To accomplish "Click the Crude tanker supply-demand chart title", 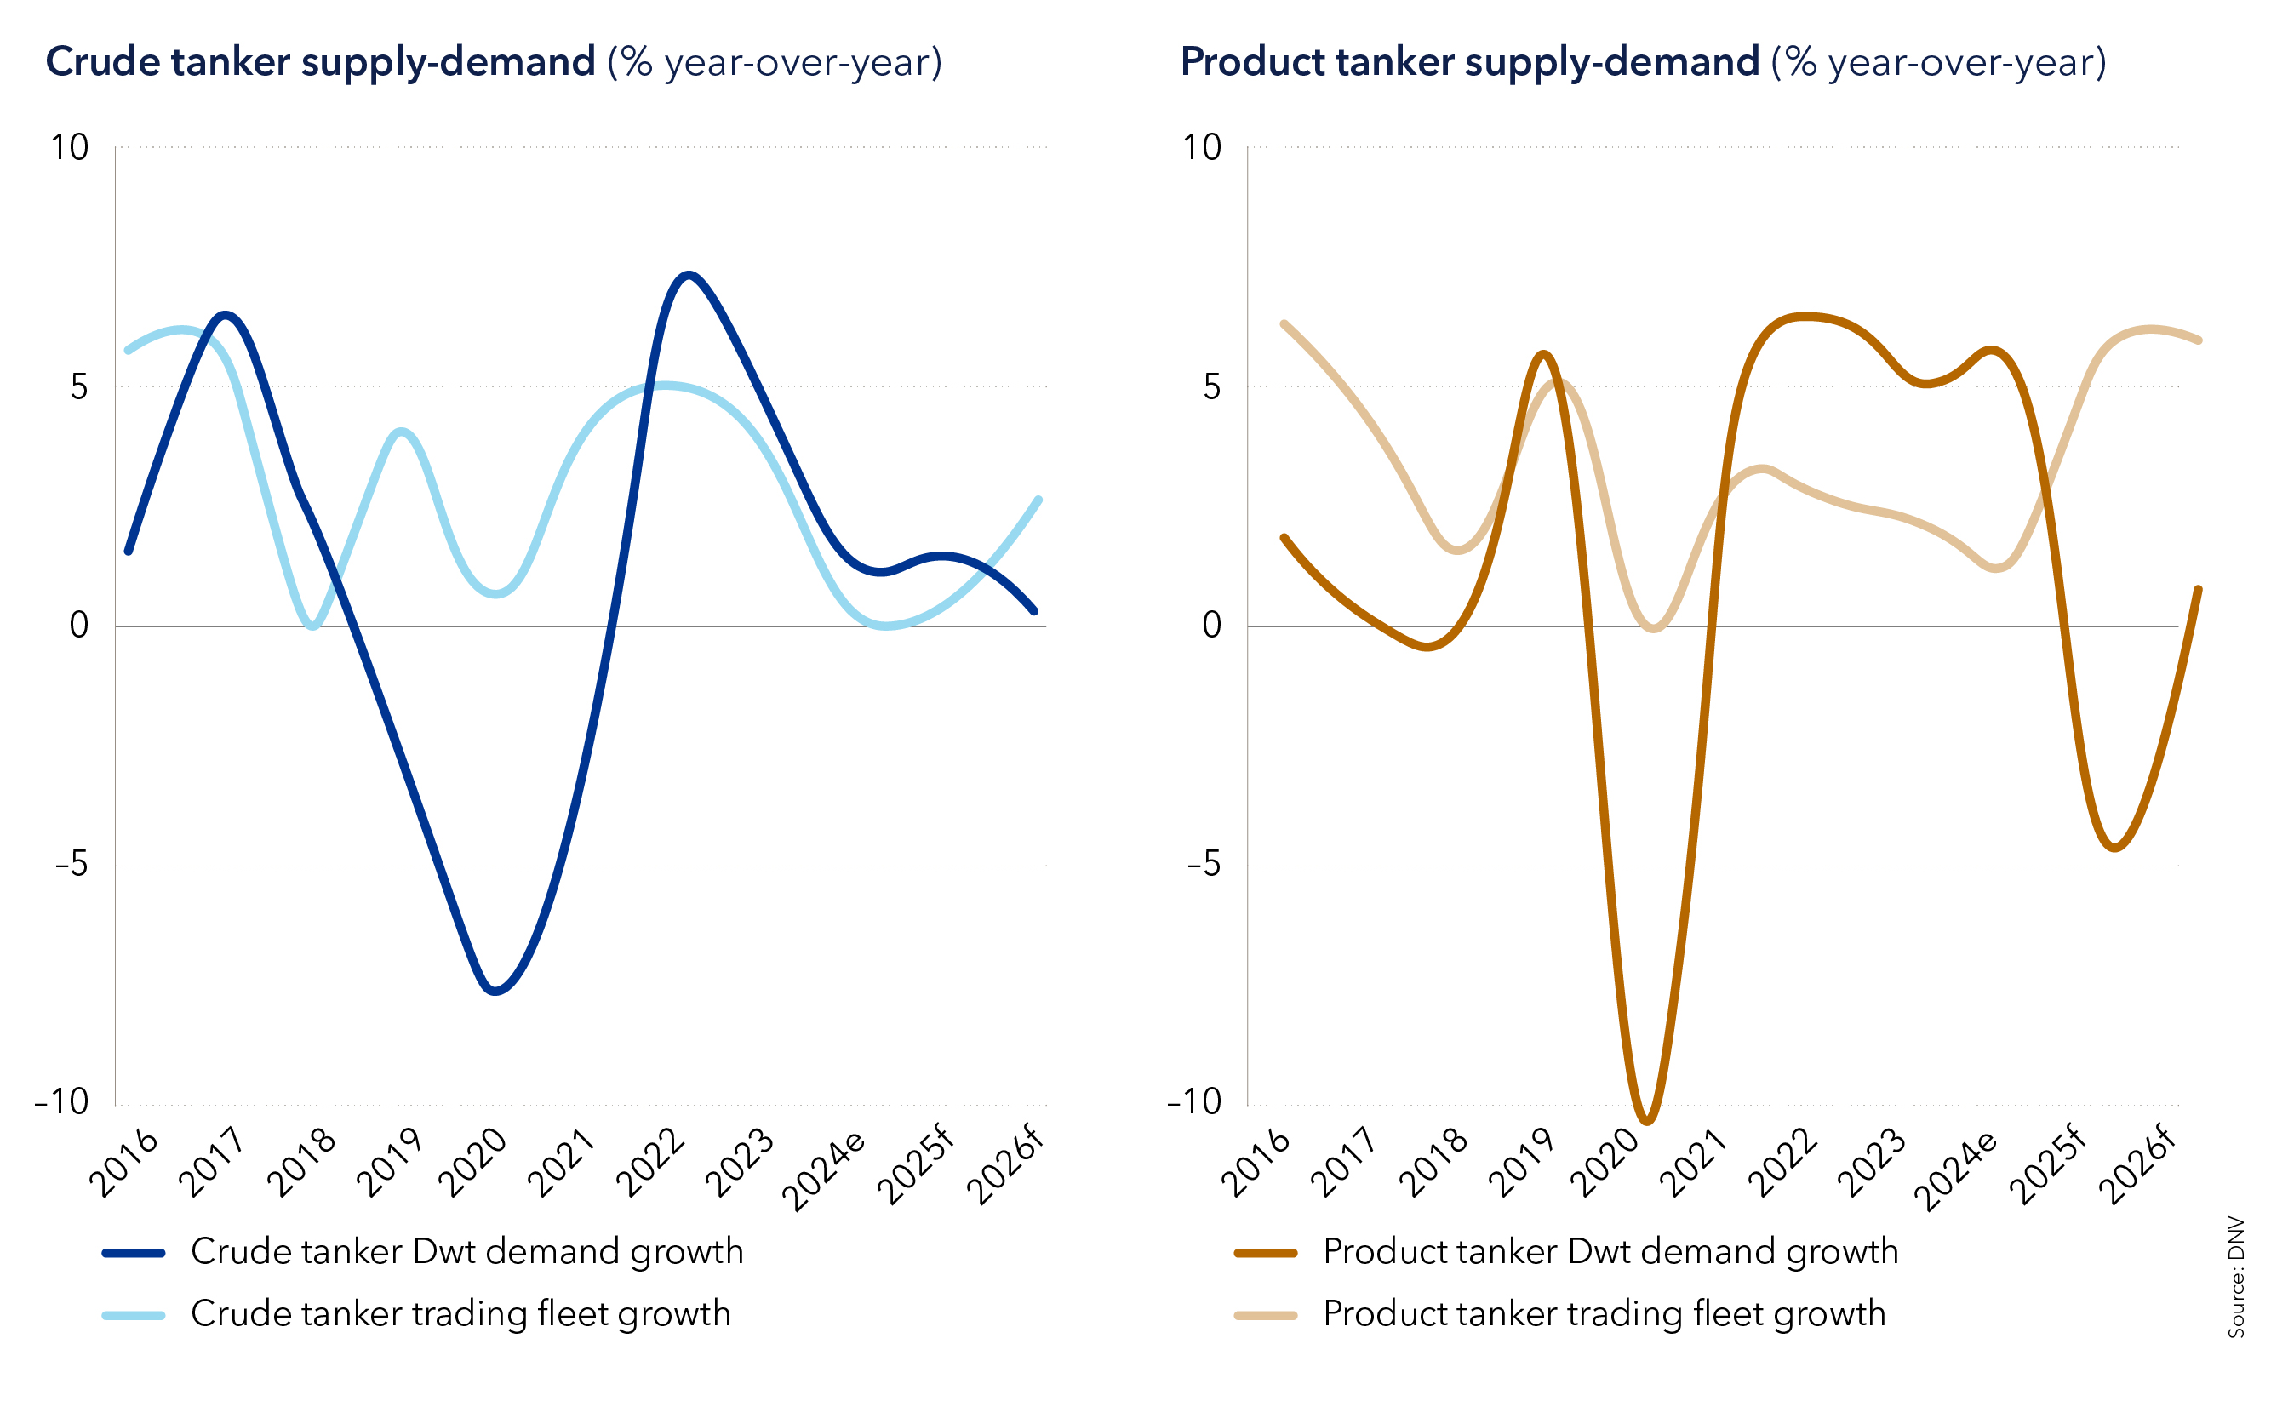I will pyautogui.click(x=493, y=63).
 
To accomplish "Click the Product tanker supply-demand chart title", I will pyautogui.click(x=1642, y=63).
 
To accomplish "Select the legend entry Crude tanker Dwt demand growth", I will pyautogui.click(x=466, y=1252).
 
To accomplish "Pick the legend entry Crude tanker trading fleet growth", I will pyautogui.click(x=460, y=1314).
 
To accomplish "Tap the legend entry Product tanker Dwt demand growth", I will pyautogui.click(x=1610, y=1252).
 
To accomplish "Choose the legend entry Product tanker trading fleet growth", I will pyautogui.click(x=1603, y=1314).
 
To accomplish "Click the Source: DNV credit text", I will pyautogui.click(x=2236, y=1276).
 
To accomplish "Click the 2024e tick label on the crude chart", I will pyautogui.click(x=825, y=1169).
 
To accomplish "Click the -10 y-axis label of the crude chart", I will pyautogui.click(x=62, y=1102).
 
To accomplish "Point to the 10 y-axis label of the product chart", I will pyautogui.click(x=1202, y=147).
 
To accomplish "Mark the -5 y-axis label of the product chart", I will pyautogui.click(x=1204, y=865).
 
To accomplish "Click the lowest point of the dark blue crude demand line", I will pyautogui.click(x=495, y=992).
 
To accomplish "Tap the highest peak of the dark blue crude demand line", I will pyautogui.click(x=689, y=274).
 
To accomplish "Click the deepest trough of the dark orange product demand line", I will pyautogui.click(x=1647, y=1122).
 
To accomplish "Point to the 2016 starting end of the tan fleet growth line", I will pyautogui.click(x=1284, y=324).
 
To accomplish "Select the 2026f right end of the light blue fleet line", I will pyautogui.click(x=1038, y=500).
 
